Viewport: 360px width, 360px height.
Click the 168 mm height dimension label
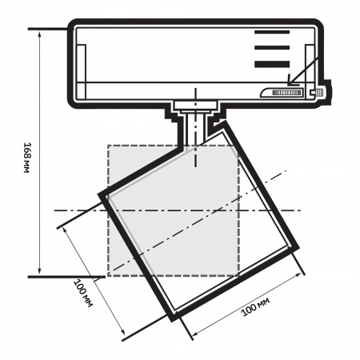pyautogui.click(x=27, y=158)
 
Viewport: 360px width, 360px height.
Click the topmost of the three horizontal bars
pyautogui.click(x=273, y=33)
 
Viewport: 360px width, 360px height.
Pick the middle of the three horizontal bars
pyautogui.click(x=273, y=48)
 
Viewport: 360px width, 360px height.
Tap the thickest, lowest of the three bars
pyautogui.click(x=273, y=65)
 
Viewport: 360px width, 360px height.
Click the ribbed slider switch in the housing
pyautogui.click(x=287, y=93)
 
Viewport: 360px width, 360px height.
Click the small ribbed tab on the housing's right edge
pyautogui.click(x=320, y=93)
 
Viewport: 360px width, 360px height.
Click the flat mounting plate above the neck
pyautogui.click(x=193, y=104)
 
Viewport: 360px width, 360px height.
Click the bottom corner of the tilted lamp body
pyautogui.click(x=171, y=318)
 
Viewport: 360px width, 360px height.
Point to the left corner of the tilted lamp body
pyautogui.click(x=99, y=194)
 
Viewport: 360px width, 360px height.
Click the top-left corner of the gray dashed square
pyautogui.click(x=108, y=145)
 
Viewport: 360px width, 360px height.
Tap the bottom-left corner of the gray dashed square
pyautogui.click(x=108, y=276)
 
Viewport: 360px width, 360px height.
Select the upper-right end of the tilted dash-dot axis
pyautogui.click(x=286, y=170)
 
